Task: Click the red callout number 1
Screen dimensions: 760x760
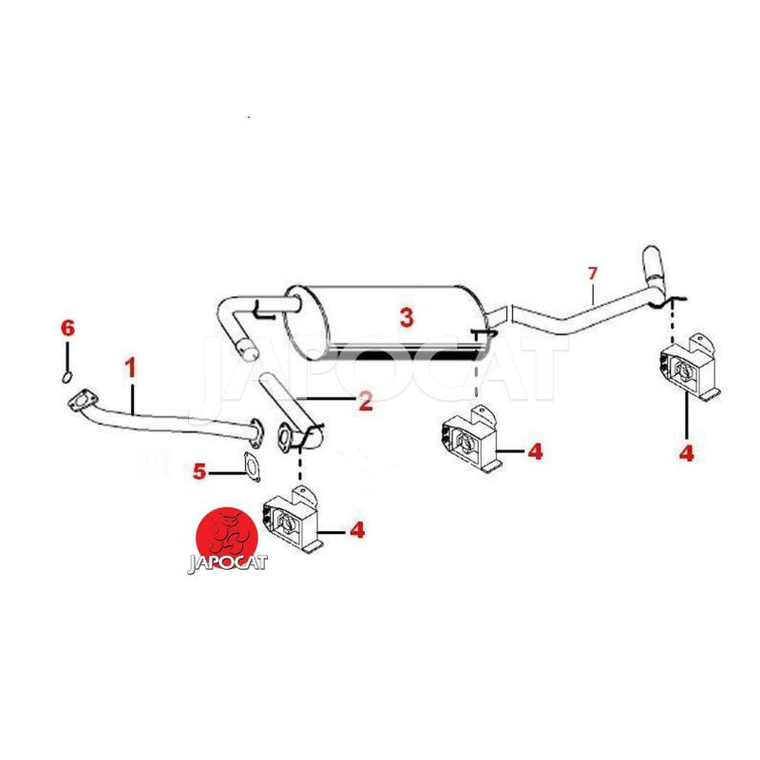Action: [131, 369]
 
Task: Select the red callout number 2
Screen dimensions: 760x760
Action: [366, 402]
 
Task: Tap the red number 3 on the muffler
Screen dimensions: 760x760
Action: [407, 317]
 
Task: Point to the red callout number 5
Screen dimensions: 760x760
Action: [199, 471]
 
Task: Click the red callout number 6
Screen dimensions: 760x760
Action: [67, 328]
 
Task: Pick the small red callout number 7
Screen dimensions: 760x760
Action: [592, 274]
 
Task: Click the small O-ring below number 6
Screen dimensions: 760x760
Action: [67, 376]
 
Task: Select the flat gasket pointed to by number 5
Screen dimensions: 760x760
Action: [252, 466]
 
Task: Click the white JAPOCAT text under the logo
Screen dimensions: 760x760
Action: [227, 563]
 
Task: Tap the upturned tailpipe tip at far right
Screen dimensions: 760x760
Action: [652, 268]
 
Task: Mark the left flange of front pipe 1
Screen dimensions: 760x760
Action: [82, 401]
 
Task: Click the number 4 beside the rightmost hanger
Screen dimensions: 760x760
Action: [686, 453]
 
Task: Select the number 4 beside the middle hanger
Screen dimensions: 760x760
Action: [535, 451]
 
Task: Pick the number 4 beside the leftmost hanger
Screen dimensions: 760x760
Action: [357, 531]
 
